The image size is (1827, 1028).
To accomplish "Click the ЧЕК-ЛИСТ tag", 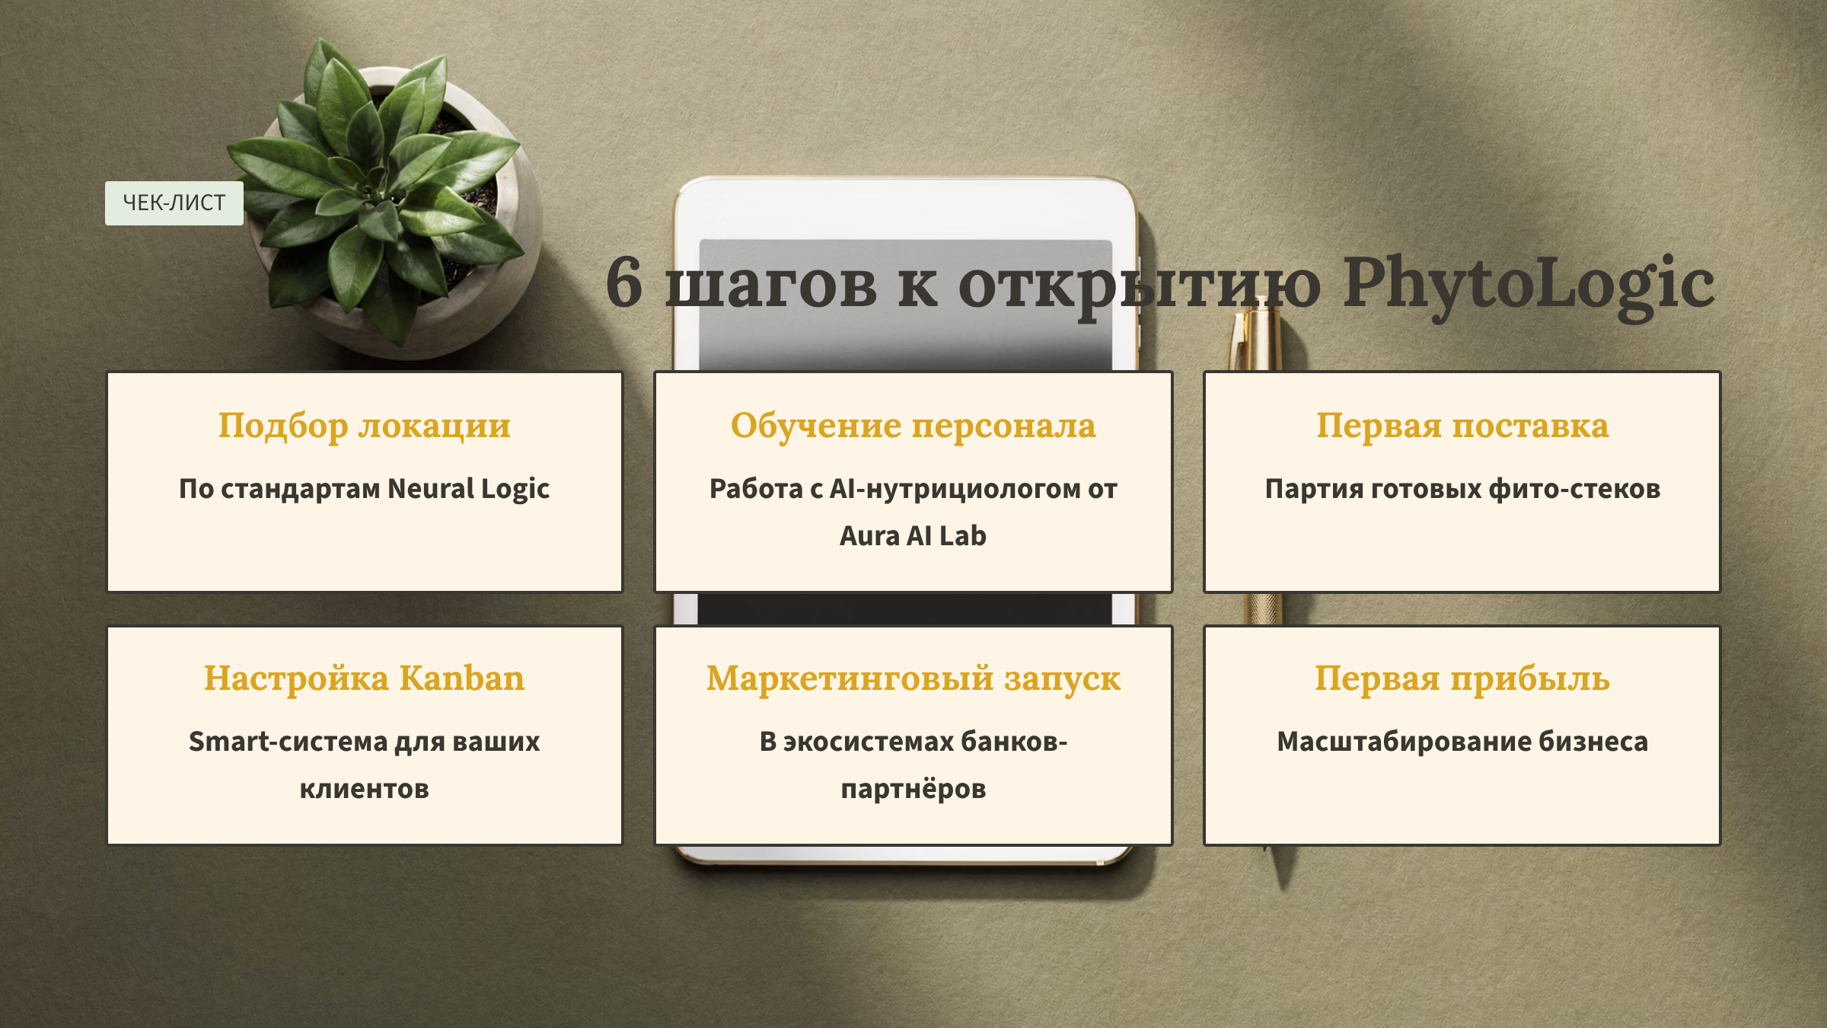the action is [x=174, y=203].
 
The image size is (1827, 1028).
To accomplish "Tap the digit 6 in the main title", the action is [x=624, y=283].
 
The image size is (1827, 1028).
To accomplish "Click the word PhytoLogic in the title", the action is [x=1529, y=286].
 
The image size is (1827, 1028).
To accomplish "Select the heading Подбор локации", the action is [x=365, y=426].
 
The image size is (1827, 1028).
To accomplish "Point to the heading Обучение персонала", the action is [x=913, y=426].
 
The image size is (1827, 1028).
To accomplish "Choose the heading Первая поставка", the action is [x=1462, y=426].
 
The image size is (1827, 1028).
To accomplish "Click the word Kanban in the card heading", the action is [x=462, y=678].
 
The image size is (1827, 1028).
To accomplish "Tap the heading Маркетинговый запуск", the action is [x=913, y=679].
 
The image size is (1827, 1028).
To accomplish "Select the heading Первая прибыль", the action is [x=1462, y=678].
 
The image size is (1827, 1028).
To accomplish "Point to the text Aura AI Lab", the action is [x=913, y=535].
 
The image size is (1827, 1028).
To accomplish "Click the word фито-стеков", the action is [x=1574, y=489].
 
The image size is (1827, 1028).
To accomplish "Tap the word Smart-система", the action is [x=289, y=741].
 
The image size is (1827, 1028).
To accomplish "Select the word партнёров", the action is [x=913, y=789].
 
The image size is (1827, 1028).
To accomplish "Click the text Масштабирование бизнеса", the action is [x=1462, y=742].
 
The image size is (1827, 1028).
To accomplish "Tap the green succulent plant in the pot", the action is [x=377, y=190].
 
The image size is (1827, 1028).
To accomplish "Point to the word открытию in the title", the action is [x=1140, y=286].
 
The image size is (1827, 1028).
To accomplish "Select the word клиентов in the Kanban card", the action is [x=365, y=789].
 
